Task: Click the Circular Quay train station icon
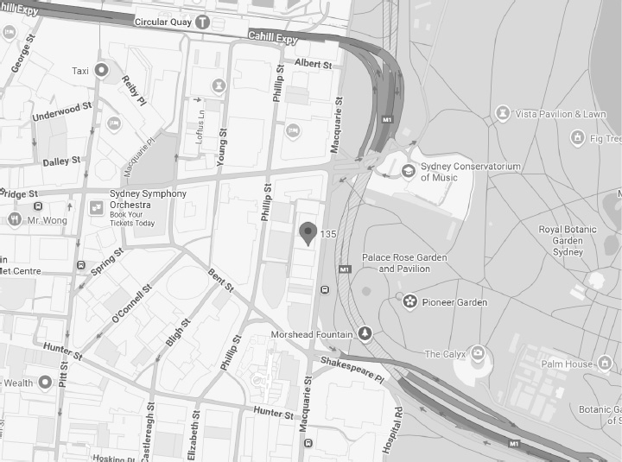point(202,21)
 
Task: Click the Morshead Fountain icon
point(365,333)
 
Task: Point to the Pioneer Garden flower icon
point(410,301)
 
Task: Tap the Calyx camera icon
point(478,354)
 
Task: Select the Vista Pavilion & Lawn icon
point(503,113)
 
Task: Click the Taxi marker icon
point(102,71)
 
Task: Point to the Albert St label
point(313,64)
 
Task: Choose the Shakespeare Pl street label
point(351,369)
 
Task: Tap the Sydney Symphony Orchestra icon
point(96,207)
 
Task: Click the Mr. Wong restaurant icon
point(14,219)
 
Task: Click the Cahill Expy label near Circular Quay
point(273,38)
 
